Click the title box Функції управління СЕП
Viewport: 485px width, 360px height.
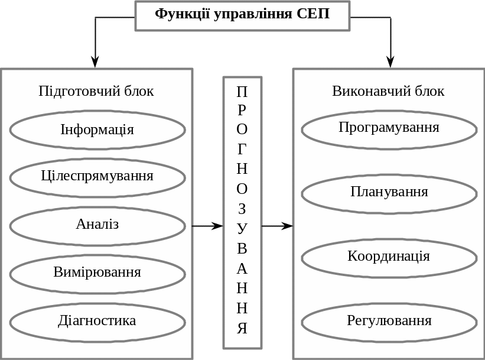click(x=242, y=15)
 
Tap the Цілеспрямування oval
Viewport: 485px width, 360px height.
click(x=97, y=177)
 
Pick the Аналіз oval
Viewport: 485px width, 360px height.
click(x=97, y=225)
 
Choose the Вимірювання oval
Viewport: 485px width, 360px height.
click(x=97, y=273)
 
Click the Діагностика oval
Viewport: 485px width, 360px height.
click(x=97, y=322)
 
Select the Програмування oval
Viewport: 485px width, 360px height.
click(x=389, y=129)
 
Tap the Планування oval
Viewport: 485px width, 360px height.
click(x=389, y=193)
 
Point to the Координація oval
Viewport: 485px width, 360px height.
click(x=389, y=257)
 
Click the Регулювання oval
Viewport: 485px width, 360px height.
click(x=389, y=322)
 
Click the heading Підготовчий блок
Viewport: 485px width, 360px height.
click(x=96, y=91)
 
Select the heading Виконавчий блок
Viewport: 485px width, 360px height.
click(x=388, y=91)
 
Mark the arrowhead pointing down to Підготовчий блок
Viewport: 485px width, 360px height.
click(x=95, y=61)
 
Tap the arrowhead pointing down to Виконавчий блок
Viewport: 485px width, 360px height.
click(x=390, y=61)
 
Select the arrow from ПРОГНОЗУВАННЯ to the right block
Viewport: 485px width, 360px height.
click(x=278, y=226)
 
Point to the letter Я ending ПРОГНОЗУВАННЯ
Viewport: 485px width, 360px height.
click(x=242, y=329)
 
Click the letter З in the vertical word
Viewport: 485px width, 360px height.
click(x=242, y=209)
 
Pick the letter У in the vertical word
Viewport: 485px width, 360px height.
click(x=242, y=228)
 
